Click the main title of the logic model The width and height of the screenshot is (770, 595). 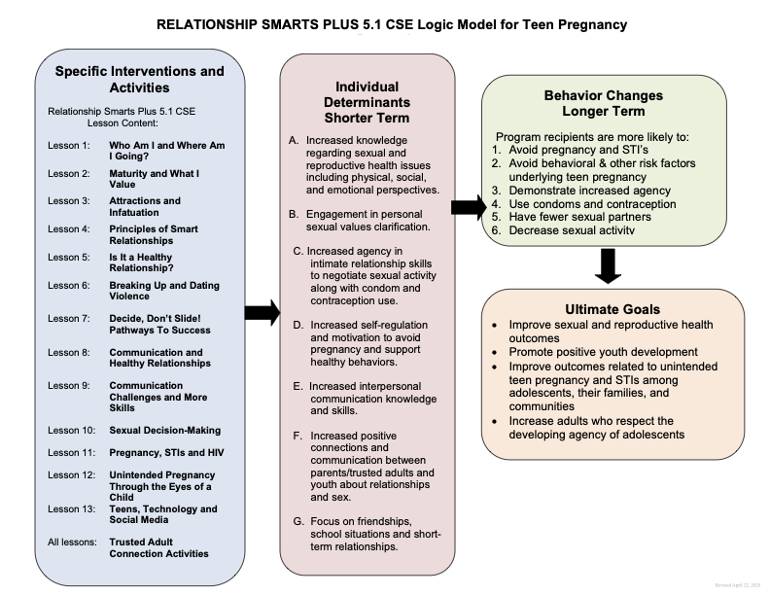385,23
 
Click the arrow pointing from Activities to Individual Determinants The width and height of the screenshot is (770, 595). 260,311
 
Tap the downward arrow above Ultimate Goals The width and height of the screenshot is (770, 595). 608,265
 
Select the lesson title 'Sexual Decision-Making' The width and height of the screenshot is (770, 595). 164,430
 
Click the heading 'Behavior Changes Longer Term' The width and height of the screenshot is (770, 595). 604,103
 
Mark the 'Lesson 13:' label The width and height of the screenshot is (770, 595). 71,508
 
